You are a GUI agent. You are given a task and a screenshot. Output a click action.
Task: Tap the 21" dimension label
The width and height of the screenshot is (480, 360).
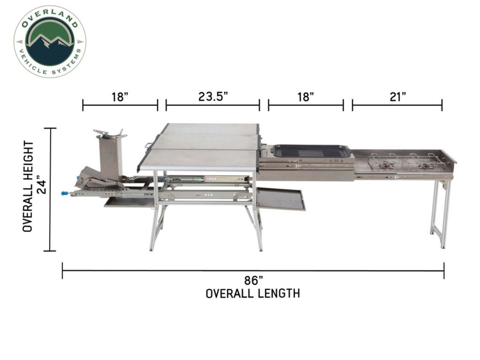398,96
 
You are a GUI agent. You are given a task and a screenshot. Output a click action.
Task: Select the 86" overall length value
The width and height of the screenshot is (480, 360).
254,280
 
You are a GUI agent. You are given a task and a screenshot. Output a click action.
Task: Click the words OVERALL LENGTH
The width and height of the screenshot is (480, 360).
253,294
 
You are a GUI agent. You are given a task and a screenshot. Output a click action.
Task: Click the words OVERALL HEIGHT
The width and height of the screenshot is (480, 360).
28,186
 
